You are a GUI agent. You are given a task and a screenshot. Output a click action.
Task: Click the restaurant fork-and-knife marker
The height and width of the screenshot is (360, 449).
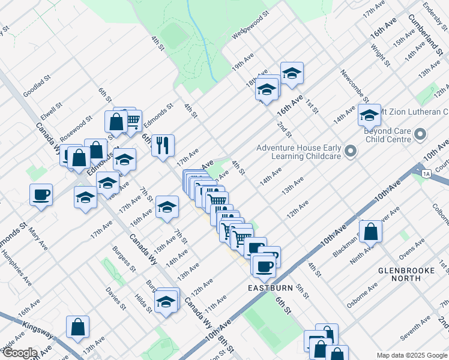[x=163, y=145]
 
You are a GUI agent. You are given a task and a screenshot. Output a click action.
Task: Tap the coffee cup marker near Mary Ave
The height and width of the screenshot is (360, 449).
[x=41, y=195]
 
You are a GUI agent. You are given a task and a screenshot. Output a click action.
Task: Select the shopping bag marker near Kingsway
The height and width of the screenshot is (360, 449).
[x=77, y=327]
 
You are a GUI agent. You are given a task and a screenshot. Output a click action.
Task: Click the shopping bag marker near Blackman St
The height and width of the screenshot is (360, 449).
[x=371, y=232]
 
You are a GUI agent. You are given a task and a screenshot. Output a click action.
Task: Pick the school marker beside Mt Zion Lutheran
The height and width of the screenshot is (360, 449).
[x=369, y=115]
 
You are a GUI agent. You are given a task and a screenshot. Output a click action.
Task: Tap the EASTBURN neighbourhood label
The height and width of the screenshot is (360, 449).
[x=270, y=288]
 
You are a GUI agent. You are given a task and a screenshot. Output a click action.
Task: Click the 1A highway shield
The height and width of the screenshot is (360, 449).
[x=426, y=173]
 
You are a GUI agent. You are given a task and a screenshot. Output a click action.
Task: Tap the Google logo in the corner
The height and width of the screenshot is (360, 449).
[x=19, y=353]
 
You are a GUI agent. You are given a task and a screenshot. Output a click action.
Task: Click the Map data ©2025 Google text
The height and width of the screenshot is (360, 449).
[x=412, y=355]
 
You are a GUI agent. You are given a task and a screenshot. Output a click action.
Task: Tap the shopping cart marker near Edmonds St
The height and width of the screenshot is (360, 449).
[x=132, y=120]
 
